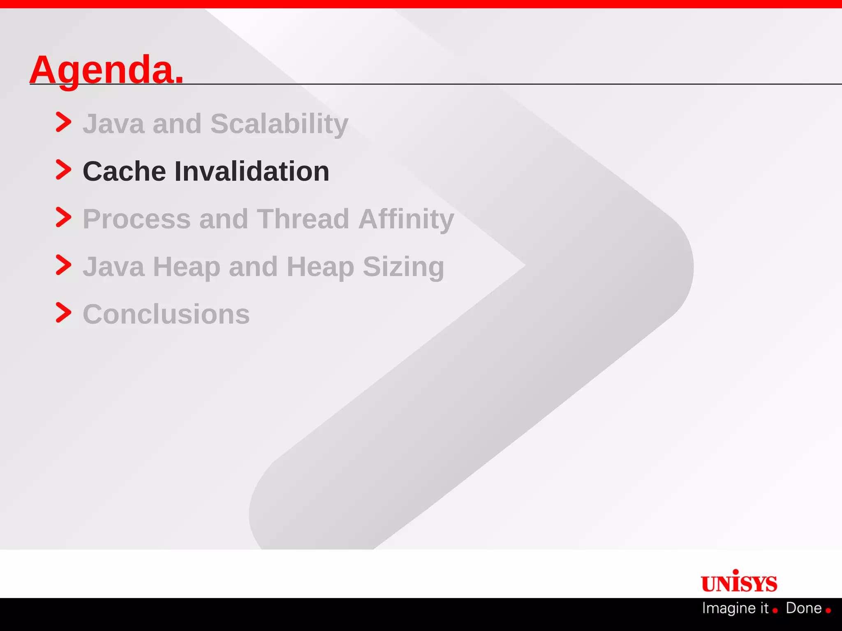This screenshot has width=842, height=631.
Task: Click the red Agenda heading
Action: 106,70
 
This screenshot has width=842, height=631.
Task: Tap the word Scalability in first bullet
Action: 279,124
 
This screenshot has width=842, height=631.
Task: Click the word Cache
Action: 124,171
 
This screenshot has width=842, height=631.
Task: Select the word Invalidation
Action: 252,171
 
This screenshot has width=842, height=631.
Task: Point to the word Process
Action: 136,219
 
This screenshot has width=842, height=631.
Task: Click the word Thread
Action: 303,219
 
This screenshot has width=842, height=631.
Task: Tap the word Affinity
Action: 406,219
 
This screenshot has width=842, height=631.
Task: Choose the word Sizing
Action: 403,267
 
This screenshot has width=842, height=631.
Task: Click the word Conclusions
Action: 166,314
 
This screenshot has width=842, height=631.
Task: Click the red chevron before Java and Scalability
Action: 63,122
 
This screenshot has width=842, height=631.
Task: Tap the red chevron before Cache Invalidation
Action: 63,170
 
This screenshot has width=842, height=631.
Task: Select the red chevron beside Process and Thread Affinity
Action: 63,217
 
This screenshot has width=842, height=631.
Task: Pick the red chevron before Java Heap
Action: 63,265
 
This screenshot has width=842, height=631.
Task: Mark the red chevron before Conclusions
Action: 63,313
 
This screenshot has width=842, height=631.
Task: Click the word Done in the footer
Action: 803,608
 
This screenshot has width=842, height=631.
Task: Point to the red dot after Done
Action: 828,611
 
